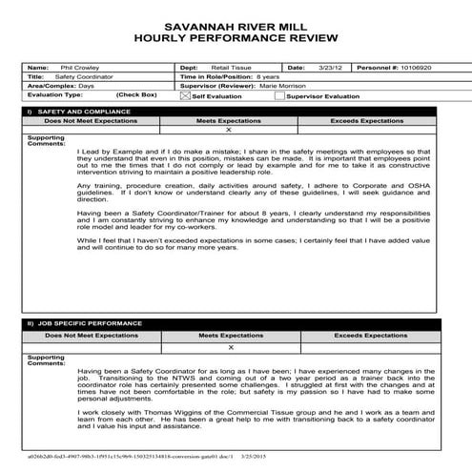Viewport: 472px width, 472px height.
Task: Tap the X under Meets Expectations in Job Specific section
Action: click(x=229, y=346)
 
